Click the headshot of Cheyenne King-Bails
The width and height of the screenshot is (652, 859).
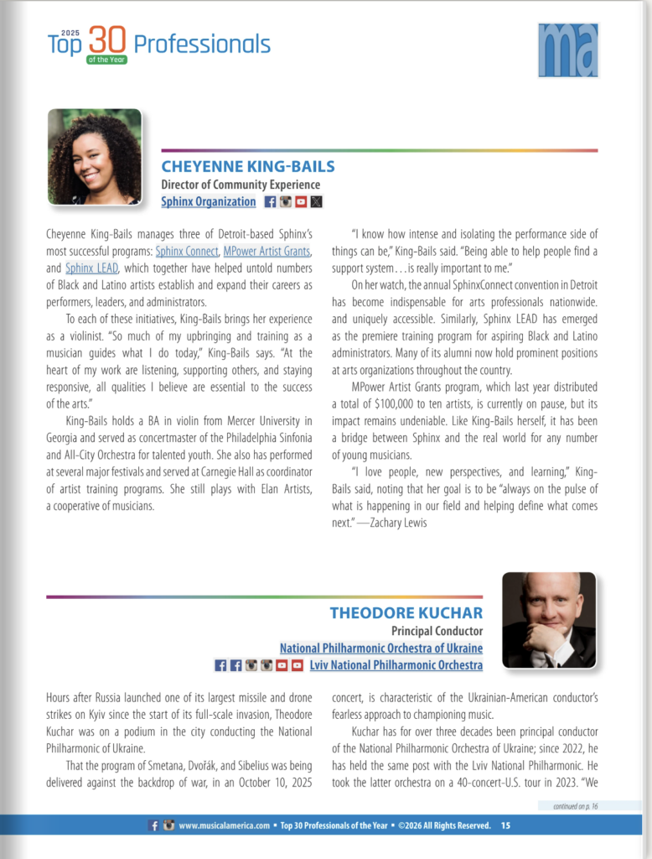(x=95, y=157)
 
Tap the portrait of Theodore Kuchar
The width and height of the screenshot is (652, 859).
(x=549, y=620)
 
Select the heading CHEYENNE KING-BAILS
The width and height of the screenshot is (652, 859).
(x=247, y=166)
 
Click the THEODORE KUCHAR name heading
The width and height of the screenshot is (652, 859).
(x=406, y=612)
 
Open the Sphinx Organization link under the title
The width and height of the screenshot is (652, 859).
(x=209, y=201)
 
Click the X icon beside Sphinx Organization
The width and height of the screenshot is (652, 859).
(x=316, y=201)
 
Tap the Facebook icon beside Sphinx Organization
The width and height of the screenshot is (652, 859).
(x=270, y=201)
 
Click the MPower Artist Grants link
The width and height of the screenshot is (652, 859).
(x=267, y=251)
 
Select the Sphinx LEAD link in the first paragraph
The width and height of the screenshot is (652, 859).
(x=92, y=268)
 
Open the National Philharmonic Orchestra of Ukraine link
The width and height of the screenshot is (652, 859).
(x=381, y=648)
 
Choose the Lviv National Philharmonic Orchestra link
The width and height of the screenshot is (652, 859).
(x=396, y=665)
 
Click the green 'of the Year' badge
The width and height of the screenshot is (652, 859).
(x=107, y=60)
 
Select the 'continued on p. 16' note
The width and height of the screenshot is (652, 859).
(x=569, y=806)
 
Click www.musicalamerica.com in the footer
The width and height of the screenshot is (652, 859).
(x=220, y=825)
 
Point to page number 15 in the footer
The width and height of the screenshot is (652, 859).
(x=505, y=825)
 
